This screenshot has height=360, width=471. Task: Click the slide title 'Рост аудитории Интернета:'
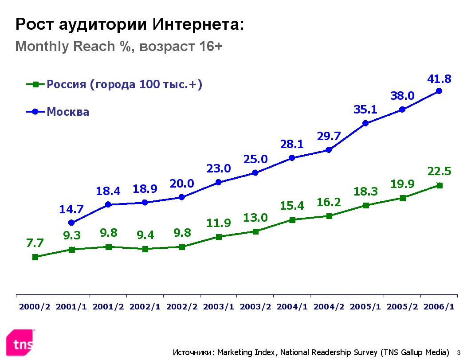(x=130, y=24)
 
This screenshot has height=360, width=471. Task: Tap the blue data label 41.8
(x=439, y=79)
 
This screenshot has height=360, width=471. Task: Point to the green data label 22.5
(x=439, y=172)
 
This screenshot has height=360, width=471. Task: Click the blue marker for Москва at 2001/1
(x=71, y=223)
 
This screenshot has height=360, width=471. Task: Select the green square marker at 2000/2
(x=35, y=257)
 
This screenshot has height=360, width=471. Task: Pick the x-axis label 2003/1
(x=218, y=307)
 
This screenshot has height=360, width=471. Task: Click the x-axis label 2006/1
(x=439, y=307)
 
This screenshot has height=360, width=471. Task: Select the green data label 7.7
(x=35, y=243)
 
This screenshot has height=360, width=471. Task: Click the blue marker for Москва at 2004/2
(x=329, y=150)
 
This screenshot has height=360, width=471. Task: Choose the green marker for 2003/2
(x=255, y=231)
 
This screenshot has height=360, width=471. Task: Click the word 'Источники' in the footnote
(x=192, y=352)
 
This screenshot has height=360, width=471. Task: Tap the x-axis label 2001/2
(x=108, y=307)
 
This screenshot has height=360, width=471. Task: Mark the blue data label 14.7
(x=71, y=209)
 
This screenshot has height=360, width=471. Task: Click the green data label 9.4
(x=145, y=235)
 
